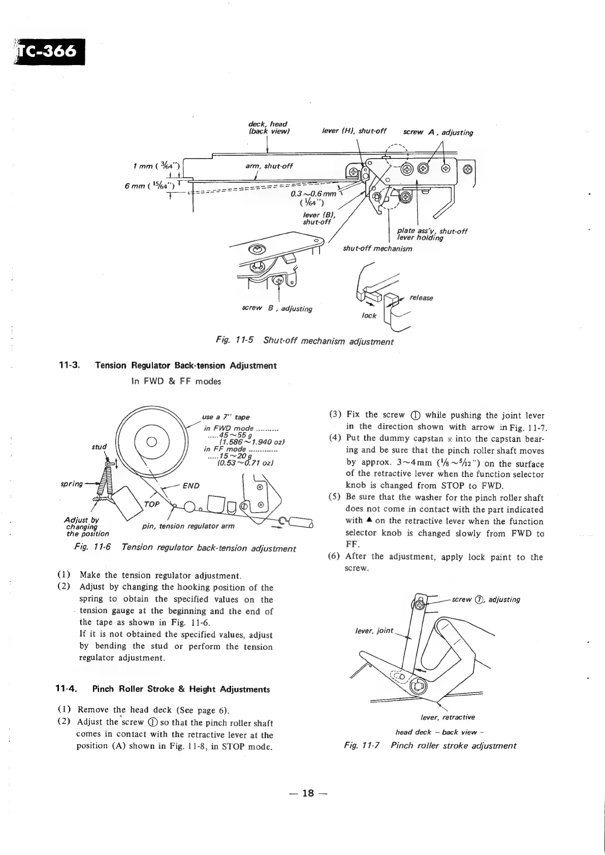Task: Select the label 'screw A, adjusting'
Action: [437, 133]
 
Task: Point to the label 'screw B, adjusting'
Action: [275, 308]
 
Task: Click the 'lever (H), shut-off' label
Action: [355, 131]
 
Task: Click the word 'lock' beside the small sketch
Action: [369, 315]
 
